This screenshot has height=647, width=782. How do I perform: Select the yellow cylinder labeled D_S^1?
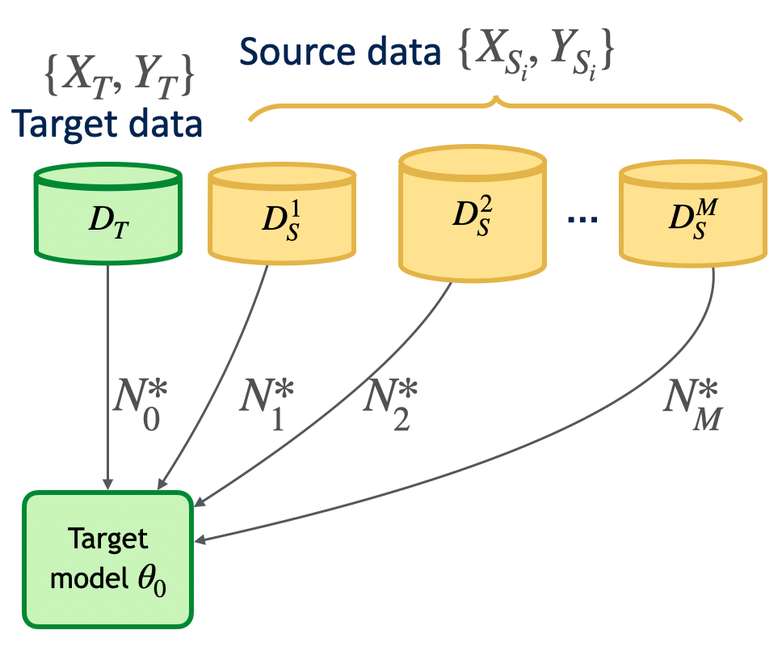282,216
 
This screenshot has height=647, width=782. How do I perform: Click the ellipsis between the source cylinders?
582,219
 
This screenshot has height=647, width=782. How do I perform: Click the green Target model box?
107,559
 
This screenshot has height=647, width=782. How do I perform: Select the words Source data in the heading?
339,53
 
